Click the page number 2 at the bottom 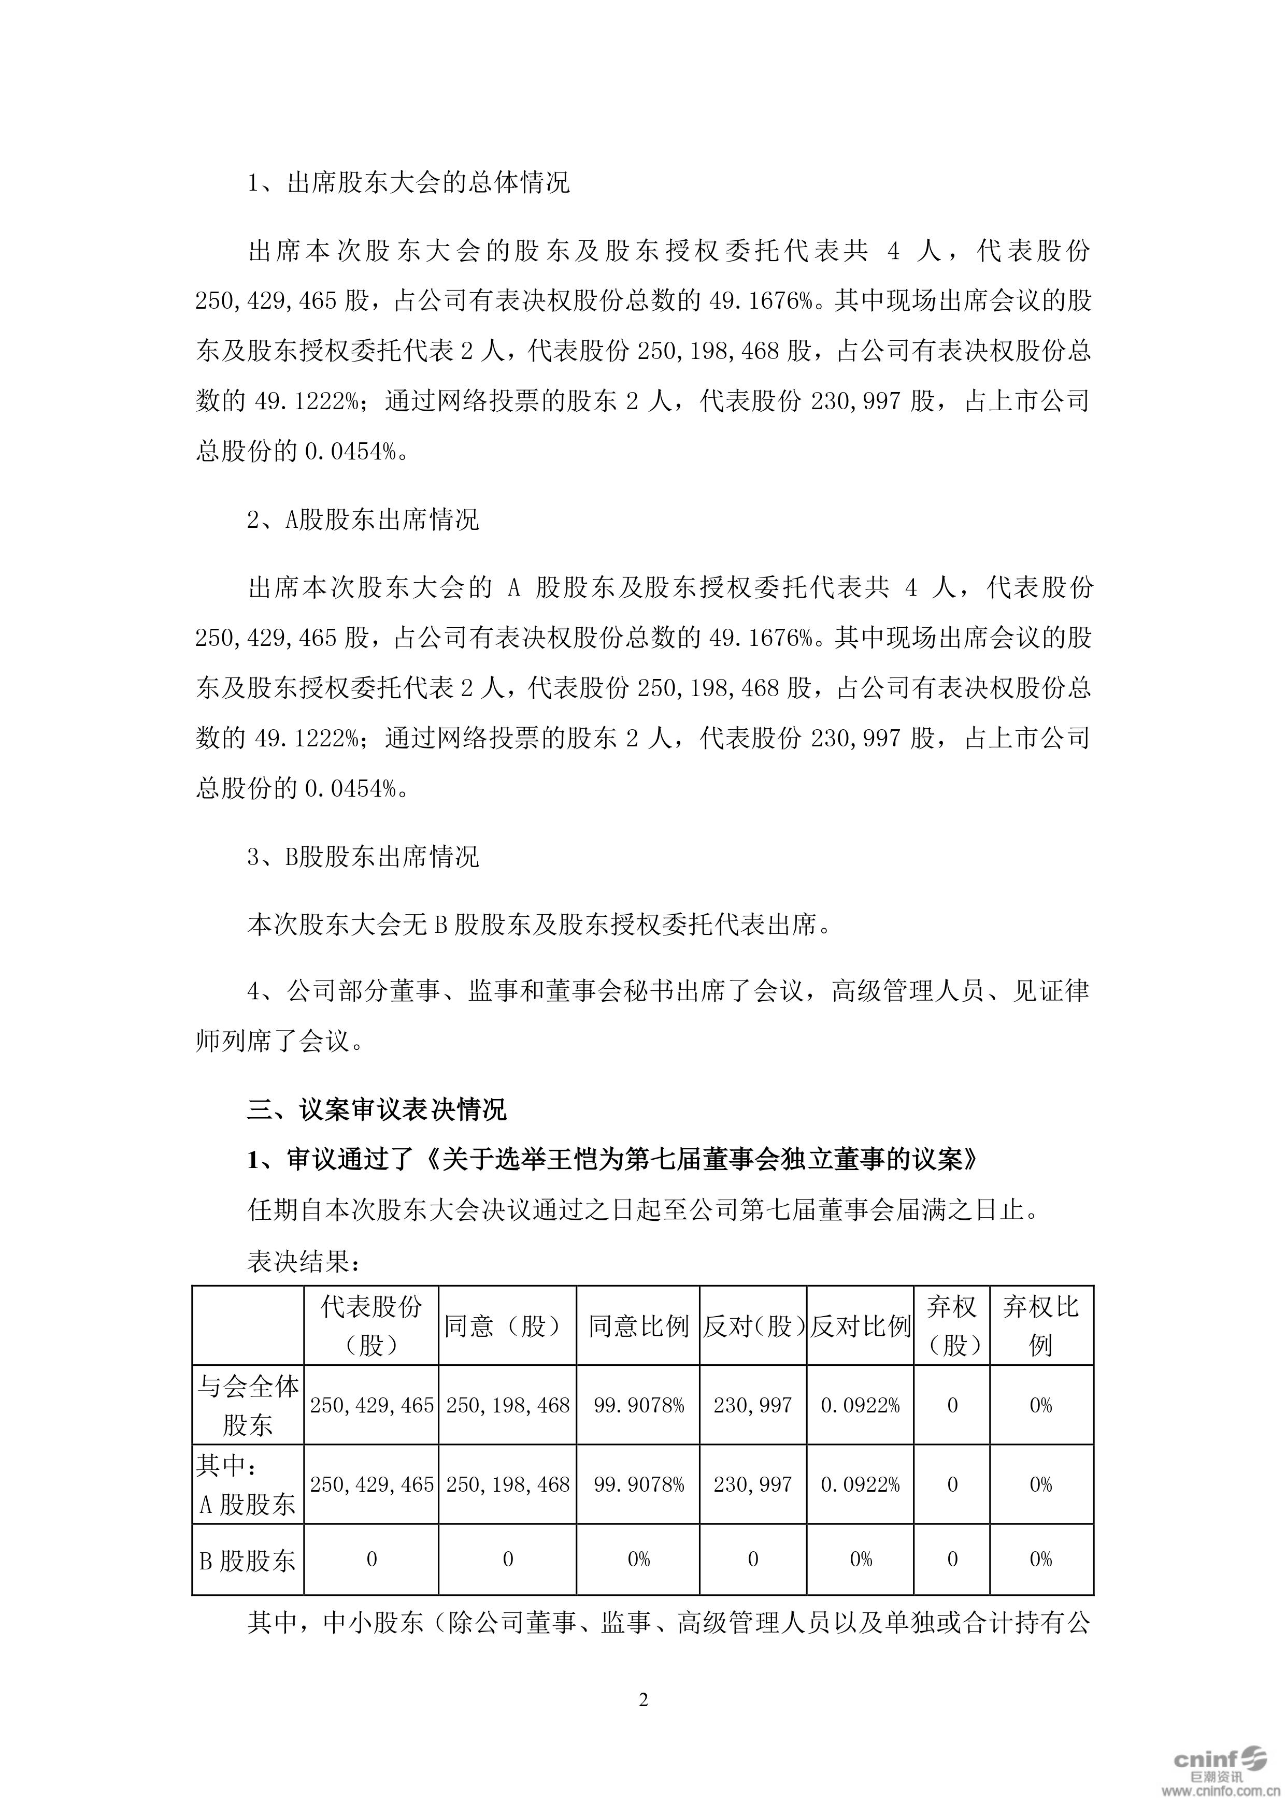(643, 1700)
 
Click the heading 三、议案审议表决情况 (377, 1110)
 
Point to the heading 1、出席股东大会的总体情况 (409, 184)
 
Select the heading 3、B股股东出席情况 (364, 857)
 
